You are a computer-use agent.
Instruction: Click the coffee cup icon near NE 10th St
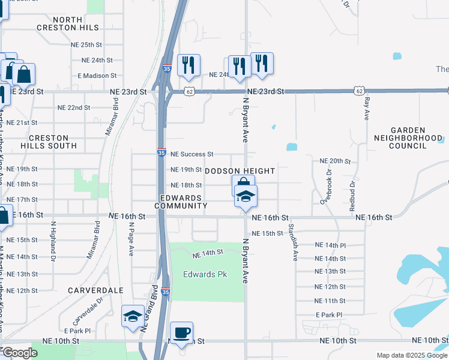tap(181, 332)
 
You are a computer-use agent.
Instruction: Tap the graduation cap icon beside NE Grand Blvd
tap(132, 316)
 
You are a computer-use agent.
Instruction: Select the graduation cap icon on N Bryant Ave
tap(245, 196)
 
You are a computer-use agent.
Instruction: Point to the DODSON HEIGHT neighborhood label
tap(240, 171)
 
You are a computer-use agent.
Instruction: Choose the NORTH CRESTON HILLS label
tap(68, 24)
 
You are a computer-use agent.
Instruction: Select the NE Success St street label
tap(192, 154)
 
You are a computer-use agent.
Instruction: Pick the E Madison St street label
tap(97, 76)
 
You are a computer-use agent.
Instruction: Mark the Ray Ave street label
tap(367, 109)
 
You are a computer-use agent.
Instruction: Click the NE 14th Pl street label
tap(331, 245)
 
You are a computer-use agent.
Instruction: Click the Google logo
tap(20, 353)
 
